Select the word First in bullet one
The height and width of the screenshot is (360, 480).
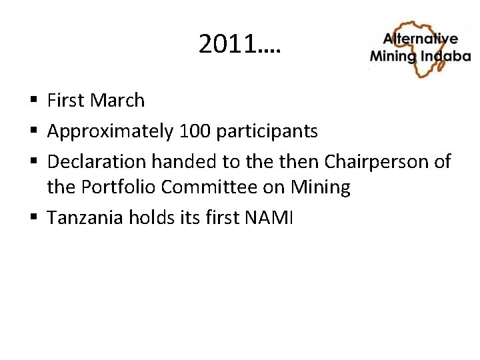click(x=66, y=101)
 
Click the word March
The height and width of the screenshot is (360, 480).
click(x=117, y=101)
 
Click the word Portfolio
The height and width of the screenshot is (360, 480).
click(x=125, y=188)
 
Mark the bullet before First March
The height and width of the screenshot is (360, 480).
click(x=33, y=101)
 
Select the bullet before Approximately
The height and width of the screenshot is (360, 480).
click(x=33, y=132)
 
